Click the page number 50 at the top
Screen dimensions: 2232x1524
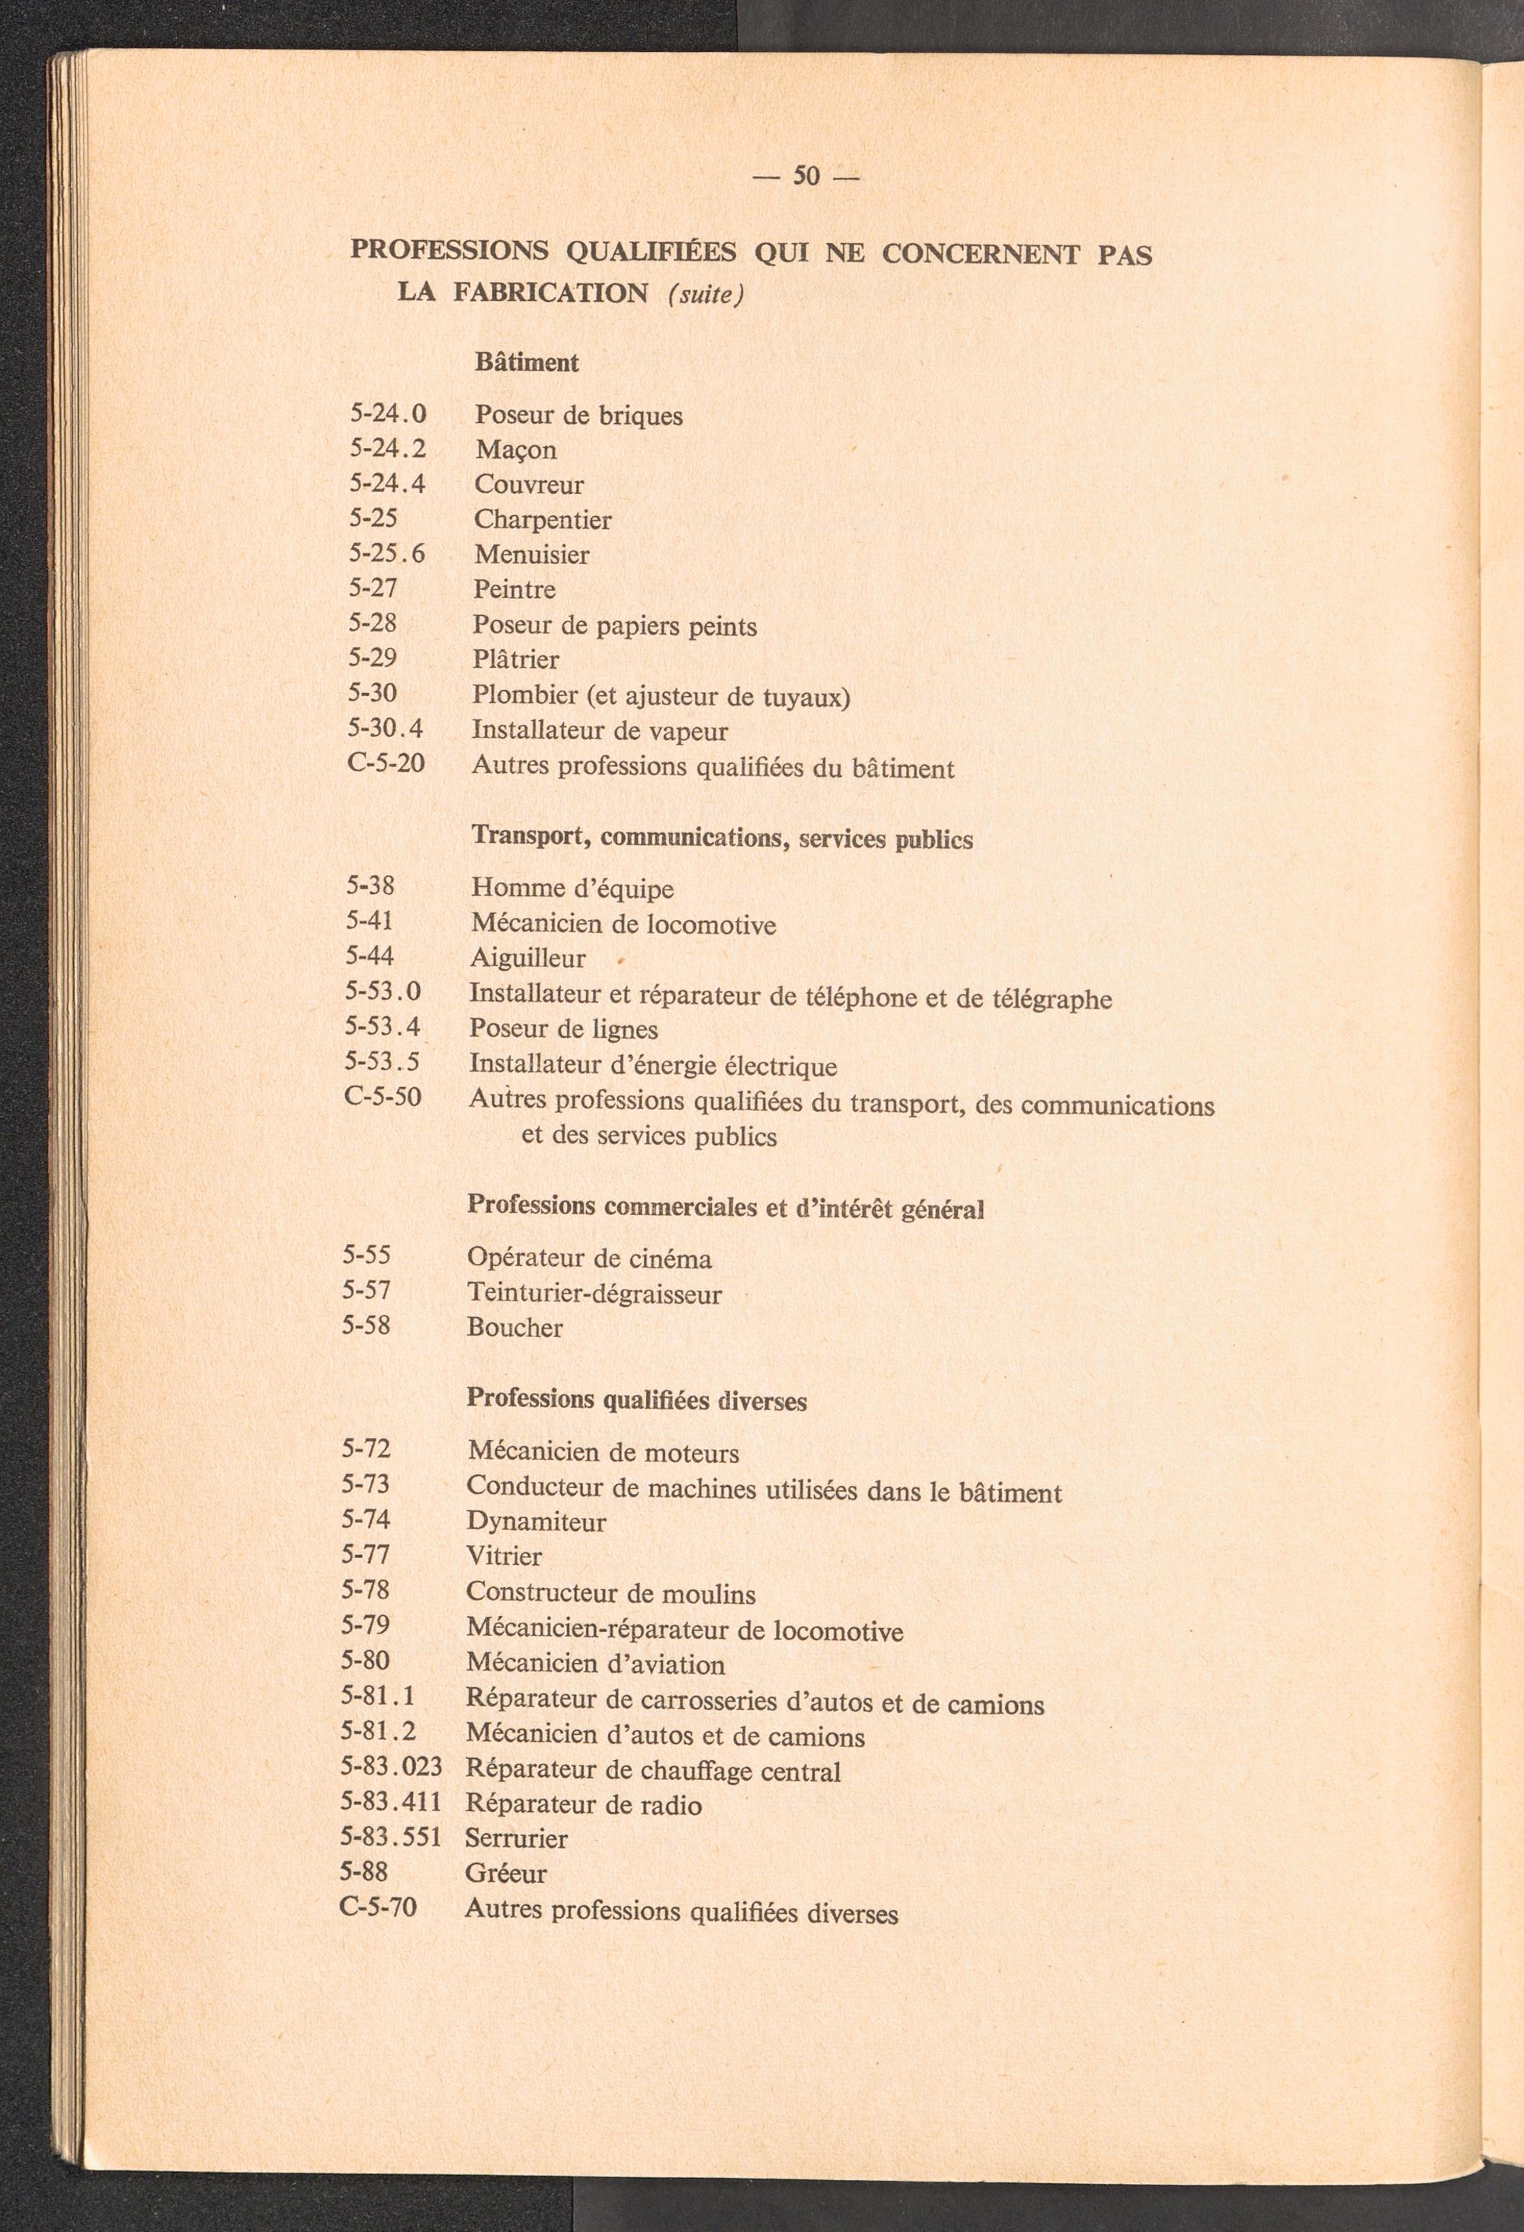[805, 176]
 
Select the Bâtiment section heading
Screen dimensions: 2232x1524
[527, 363]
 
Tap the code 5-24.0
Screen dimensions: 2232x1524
[387, 414]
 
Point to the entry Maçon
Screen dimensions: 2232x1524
[516, 450]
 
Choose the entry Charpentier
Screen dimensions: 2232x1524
[542, 520]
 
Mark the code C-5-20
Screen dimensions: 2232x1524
[385, 765]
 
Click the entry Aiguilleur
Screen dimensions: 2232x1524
[527, 957]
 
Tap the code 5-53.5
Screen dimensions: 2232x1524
[383, 1062]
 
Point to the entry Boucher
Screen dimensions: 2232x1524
[514, 1327]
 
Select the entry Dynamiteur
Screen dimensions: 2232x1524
[536, 1522]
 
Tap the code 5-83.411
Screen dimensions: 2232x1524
[390, 1803]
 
